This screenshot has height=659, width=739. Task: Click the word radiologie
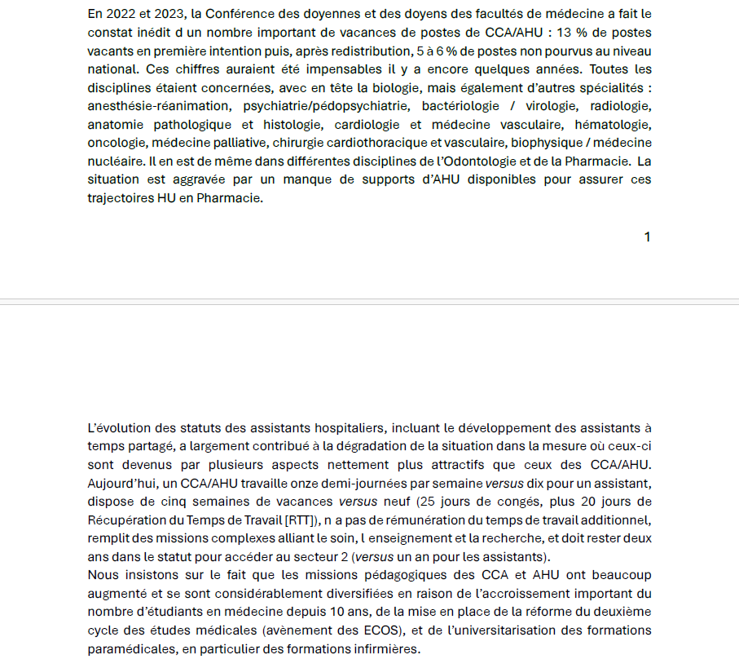click(x=620, y=106)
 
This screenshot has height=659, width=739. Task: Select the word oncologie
click(x=115, y=142)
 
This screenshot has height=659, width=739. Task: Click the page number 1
click(x=647, y=237)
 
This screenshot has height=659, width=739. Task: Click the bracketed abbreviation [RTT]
click(x=301, y=520)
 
